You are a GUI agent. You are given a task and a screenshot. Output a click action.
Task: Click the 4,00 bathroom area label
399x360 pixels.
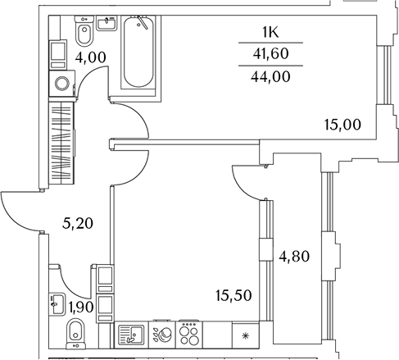(x=90, y=57)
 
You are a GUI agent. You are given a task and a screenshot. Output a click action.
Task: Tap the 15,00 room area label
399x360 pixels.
(x=342, y=125)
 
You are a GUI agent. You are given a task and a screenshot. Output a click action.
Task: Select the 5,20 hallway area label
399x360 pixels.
(x=78, y=223)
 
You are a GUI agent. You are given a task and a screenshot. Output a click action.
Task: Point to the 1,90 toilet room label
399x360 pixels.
(x=81, y=307)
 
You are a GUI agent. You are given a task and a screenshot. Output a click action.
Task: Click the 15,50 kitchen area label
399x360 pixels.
(x=234, y=295)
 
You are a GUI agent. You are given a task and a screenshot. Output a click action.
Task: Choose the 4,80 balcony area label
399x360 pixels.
(x=294, y=257)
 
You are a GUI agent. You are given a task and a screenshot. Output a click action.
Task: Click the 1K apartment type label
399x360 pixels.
(x=270, y=33)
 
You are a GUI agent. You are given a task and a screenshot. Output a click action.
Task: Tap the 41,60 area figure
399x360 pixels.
(x=270, y=53)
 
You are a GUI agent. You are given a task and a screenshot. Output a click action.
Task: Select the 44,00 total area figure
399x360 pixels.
(x=270, y=76)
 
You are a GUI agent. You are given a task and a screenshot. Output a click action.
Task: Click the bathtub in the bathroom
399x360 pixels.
(x=138, y=52)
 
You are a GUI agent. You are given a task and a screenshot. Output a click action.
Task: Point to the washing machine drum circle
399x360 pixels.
(x=61, y=84)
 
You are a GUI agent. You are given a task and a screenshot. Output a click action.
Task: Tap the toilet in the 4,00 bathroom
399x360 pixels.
(x=84, y=31)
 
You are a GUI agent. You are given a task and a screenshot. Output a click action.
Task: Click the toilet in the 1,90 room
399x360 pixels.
(x=76, y=334)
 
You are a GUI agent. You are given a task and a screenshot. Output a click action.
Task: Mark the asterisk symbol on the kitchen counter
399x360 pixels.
(x=245, y=335)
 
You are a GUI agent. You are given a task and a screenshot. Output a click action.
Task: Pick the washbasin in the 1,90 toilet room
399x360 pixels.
(x=57, y=304)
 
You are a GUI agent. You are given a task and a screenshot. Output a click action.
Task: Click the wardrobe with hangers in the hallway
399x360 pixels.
(x=61, y=144)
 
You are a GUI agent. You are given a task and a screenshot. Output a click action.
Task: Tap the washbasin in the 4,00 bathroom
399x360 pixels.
(x=107, y=23)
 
